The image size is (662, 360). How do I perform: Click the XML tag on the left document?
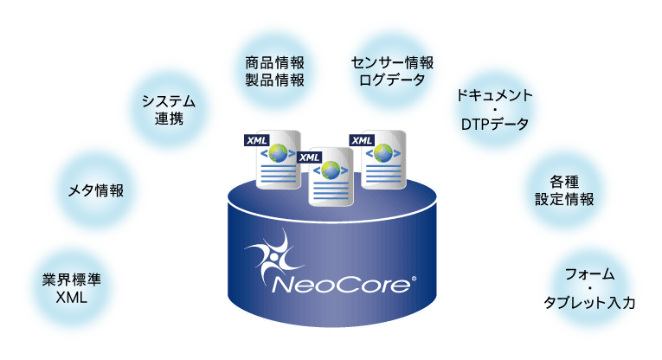258,140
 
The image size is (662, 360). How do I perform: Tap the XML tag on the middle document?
309,157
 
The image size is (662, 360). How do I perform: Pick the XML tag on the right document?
361,139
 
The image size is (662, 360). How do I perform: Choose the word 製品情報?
274,80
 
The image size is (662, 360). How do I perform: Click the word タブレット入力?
590,304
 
